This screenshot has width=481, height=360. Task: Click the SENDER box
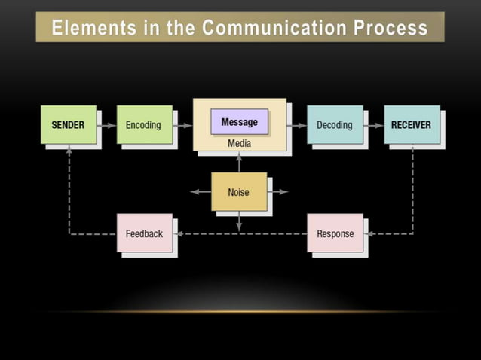coord(68,124)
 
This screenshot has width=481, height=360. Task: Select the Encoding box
coord(143,124)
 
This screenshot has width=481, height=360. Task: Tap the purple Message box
coord(239,122)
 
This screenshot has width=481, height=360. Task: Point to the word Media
coord(239,143)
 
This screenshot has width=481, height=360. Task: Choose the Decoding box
coord(334,124)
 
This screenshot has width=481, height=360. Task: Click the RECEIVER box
coord(411,124)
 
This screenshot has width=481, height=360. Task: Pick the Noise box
coord(238,192)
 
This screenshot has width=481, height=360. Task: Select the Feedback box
coord(144,233)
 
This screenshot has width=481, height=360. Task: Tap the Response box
coord(335,233)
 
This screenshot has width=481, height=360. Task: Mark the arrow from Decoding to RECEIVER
coord(373,125)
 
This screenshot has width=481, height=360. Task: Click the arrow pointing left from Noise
coord(200,192)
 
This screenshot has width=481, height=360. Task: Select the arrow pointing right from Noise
coord(278,192)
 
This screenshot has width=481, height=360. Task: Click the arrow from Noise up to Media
coord(239,162)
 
